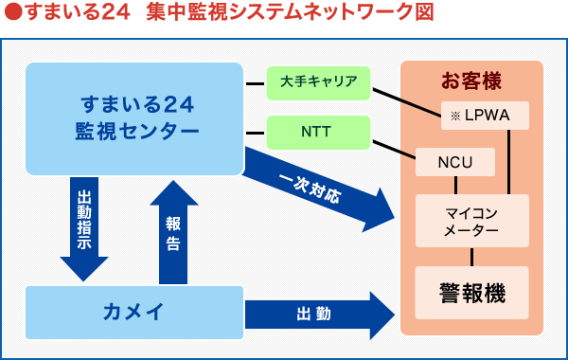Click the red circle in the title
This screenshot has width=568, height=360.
[10, 13]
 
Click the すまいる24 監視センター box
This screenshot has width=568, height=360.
[134, 117]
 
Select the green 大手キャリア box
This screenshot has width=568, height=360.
[318, 82]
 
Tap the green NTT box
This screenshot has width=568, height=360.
[318, 132]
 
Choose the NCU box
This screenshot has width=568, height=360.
[455, 162]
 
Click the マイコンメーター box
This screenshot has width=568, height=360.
[471, 220]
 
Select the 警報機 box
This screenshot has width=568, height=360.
[471, 293]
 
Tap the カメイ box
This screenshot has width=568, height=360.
[134, 310]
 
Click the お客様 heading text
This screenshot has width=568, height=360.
[470, 81]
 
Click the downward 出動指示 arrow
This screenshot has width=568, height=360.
[83, 227]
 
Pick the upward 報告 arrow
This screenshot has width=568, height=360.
[173, 232]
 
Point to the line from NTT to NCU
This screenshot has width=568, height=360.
[394, 148]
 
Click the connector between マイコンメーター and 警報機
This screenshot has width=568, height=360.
[471, 256]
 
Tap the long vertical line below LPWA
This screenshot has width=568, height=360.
[511, 161]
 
